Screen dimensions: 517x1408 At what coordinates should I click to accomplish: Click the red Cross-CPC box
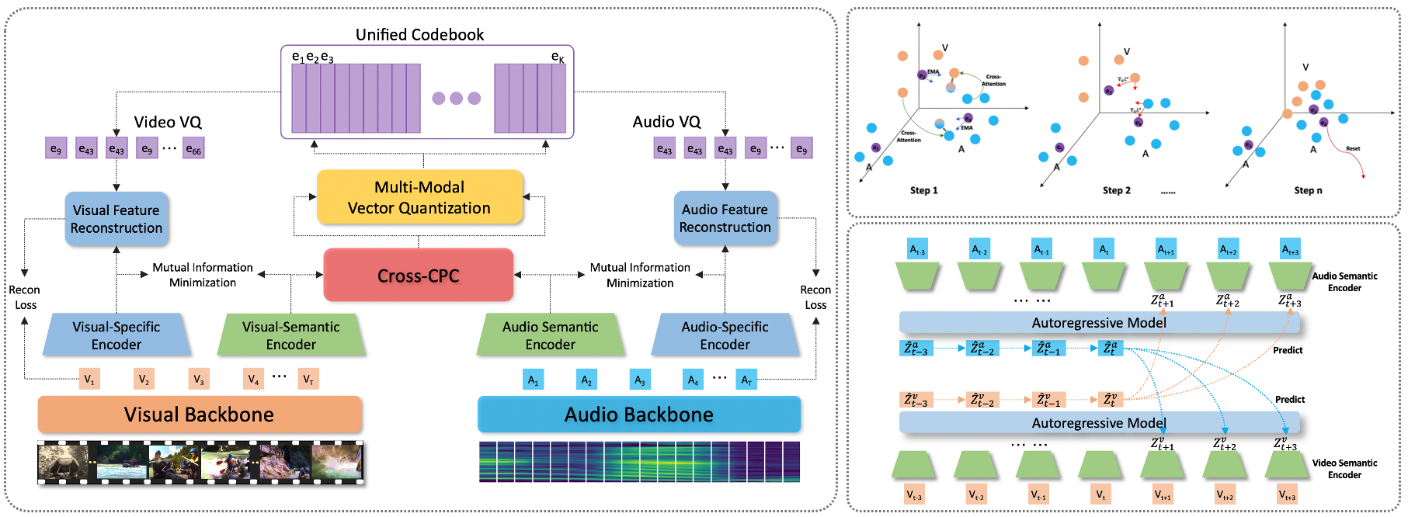click(x=419, y=276)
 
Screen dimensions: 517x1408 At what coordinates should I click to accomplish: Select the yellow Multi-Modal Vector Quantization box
click(x=419, y=197)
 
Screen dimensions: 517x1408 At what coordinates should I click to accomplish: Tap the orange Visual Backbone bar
click(x=200, y=415)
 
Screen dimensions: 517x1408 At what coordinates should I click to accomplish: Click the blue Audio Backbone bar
click(x=638, y=415)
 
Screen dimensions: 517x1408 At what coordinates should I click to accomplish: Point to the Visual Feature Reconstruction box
click(x=116, y=219)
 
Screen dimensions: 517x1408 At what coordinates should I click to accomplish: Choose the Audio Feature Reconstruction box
click(x=725, y=218)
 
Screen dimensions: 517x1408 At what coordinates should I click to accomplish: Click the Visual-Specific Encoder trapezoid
click(x=116, y=335)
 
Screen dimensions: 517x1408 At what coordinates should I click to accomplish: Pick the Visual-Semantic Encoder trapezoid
click(x=291, y=335)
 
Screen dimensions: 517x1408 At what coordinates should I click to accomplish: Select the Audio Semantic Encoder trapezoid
click(x=550, y=335)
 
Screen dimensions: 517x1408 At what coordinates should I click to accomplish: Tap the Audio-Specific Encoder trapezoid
click(x=725, y=335)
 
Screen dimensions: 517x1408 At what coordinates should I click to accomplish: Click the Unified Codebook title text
click(x=419, y=35)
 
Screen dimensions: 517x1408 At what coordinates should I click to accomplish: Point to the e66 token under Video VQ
click(x=193, y=148)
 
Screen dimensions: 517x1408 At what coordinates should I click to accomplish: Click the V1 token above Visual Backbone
click(x=89, y=379)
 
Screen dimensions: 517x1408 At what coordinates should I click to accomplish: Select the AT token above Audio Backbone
click(x=746, y=380)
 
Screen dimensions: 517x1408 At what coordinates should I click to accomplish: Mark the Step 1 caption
click(x=924, y=190)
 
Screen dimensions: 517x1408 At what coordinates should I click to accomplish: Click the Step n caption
click(x=1308, y=190)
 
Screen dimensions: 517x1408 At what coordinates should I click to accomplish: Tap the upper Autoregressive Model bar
click(x=1099, y=323)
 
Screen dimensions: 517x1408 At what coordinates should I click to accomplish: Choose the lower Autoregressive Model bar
click(x=1099, y=423)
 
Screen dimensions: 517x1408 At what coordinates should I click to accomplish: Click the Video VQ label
click(x=168, y=123)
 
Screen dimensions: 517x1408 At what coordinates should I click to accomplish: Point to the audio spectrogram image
click(x=639, y=462)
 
